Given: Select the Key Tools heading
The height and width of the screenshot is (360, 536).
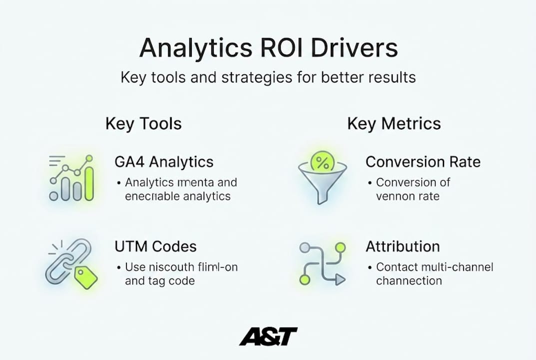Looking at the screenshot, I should (x=143, y=123).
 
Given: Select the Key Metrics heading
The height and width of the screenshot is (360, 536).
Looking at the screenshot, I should (x=394, y=123).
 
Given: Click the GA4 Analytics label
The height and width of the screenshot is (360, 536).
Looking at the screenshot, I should (x=164, y=162).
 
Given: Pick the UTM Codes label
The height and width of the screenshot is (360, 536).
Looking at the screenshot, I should (x=155, y=246).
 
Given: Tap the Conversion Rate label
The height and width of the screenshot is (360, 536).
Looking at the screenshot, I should (x=423, y=162).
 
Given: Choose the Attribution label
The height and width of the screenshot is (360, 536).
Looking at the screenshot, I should (x=402, y=246).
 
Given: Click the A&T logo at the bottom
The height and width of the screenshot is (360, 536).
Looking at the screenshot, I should (x=268, y=336).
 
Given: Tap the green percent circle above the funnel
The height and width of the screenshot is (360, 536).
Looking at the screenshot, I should (x=322, y=162).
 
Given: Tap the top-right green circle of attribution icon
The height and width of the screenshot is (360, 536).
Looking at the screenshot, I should (x=340, y=247).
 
